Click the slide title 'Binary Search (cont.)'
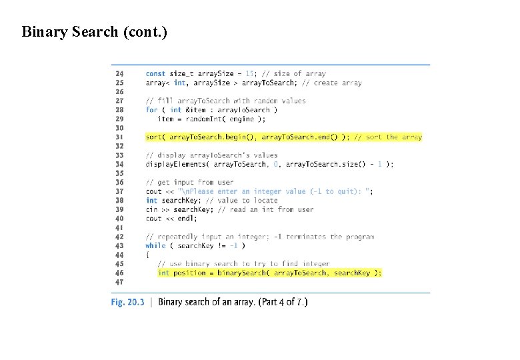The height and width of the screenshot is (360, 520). click(x=94, y=31)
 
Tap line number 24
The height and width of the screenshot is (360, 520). click(x=119, y=73)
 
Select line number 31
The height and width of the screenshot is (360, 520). click(x=119, y=137)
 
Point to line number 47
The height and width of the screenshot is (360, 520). click(x=119, y=282)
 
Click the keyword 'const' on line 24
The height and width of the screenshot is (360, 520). click(x=155, y=73)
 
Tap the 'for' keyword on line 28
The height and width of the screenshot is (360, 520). click(x=151, y=110)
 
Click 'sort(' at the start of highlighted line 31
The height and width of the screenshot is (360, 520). click(x=155, y=137)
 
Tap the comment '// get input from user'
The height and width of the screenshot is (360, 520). click(x=190, y=182)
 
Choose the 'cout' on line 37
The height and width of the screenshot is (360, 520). click(x=153, y=191)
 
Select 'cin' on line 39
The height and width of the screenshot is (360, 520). click(x=151, y=209)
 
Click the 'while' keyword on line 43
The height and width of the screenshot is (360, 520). click(x=155, y=245)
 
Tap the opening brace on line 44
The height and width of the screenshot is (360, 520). click(x=147, y=255)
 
